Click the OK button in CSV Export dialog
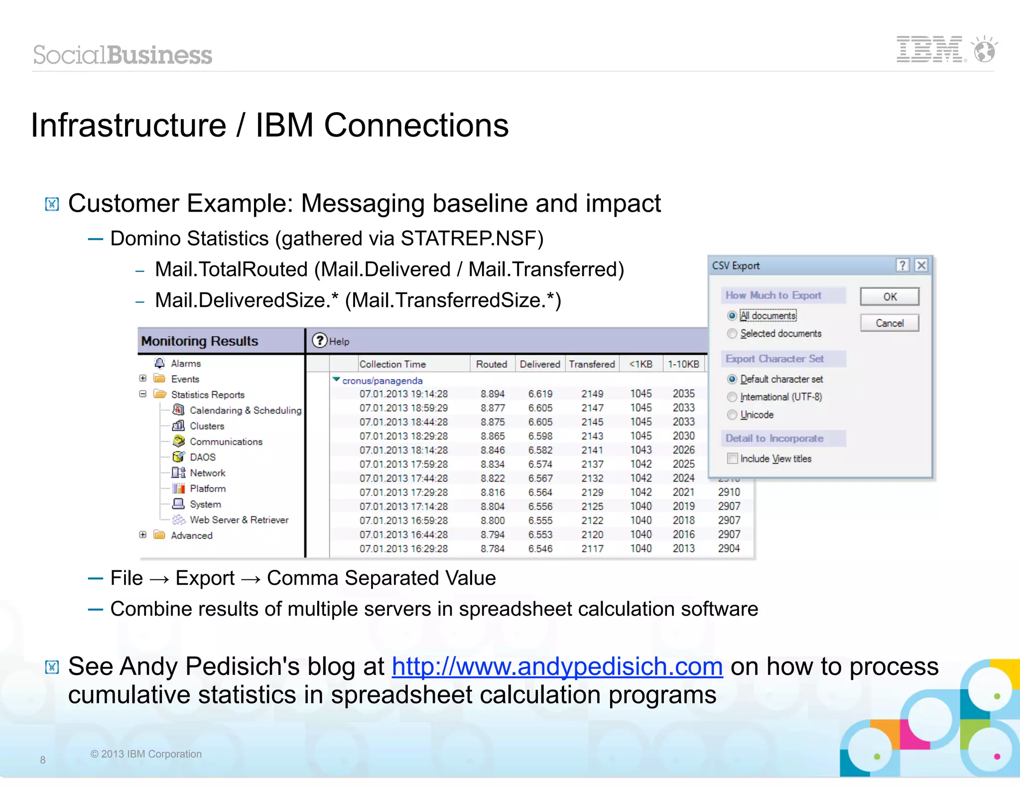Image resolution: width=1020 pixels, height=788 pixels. point(890,297)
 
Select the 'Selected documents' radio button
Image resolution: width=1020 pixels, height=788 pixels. point(732,334)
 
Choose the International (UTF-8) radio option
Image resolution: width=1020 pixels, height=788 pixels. point(732,397)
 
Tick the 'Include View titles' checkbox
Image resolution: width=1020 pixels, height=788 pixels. point(732,459)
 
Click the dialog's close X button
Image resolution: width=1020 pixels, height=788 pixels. point(921,265)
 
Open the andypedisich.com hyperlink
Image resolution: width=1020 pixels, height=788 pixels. point(557,666)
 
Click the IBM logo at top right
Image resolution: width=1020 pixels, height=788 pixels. point(929,50)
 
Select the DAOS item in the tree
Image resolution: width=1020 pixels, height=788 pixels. point(202,457)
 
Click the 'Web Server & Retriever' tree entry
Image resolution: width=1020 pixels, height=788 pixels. point(239,520)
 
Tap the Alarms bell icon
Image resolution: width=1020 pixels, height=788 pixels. point(159,363)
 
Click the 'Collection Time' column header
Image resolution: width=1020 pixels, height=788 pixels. point(392,364)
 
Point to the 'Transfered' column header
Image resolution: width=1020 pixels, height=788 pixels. point(592,364)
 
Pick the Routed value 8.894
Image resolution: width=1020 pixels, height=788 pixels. point(493,394)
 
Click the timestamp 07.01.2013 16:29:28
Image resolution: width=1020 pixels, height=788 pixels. point(403,549)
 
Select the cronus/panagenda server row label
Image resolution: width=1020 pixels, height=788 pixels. point(382,381)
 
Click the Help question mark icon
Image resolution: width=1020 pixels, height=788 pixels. point(319,341)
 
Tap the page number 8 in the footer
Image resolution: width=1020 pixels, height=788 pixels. point(43,760)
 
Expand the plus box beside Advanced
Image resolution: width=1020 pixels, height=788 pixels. point(143,535)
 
